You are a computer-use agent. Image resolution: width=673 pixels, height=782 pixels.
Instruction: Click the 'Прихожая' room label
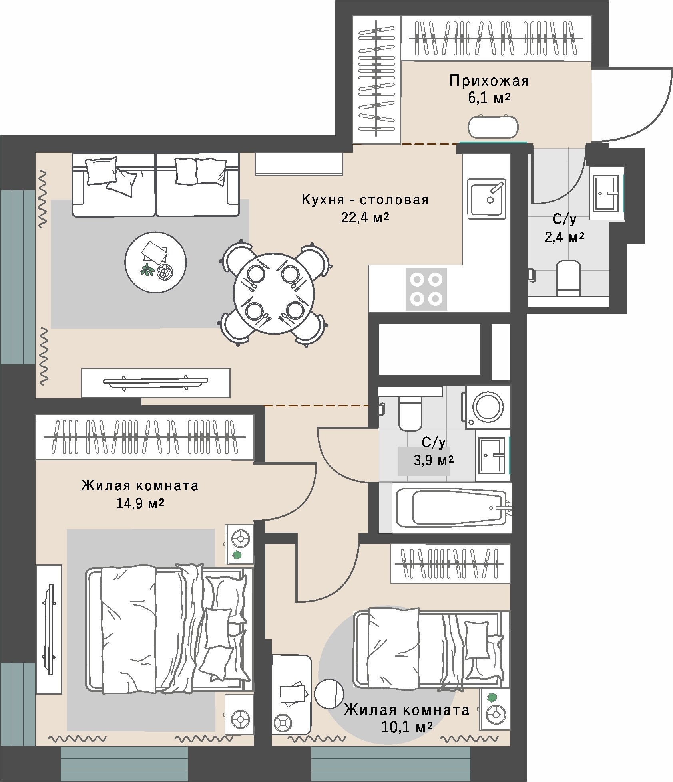pyautogui.click(x=489, y=81)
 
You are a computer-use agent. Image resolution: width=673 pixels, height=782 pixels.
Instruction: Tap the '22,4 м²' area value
pyautogui.click(x=365, y=218)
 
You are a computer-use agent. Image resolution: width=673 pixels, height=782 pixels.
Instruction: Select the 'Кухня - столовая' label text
pyautogui.click(x=365, y=199)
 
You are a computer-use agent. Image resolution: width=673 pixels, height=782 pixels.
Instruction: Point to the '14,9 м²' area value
pyautogui.click(x=140, y=503)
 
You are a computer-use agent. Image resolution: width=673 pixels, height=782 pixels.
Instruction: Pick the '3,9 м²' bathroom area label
pyautogui.click(x=434, y=461)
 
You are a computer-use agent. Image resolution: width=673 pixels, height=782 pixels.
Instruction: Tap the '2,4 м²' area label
pyautogui.click(x=564, y=237)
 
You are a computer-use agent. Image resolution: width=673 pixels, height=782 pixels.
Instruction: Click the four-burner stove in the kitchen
pyautogui.click(x=426, y=289)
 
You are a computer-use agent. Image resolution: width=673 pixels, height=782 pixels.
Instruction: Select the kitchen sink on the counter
pyautogui.click(x=487, y=199)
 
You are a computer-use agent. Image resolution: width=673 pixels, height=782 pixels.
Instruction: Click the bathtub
pyautogui.click(x=452, y=507)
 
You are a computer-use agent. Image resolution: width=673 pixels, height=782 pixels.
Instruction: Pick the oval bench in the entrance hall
pyautogui.click(x=493, y=127)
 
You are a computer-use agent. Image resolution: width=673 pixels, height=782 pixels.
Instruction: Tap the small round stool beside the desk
pyautogui.click(x=329, y=693)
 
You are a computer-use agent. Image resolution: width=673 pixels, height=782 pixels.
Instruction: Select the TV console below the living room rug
pyautogui.click(x=155, y=383)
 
